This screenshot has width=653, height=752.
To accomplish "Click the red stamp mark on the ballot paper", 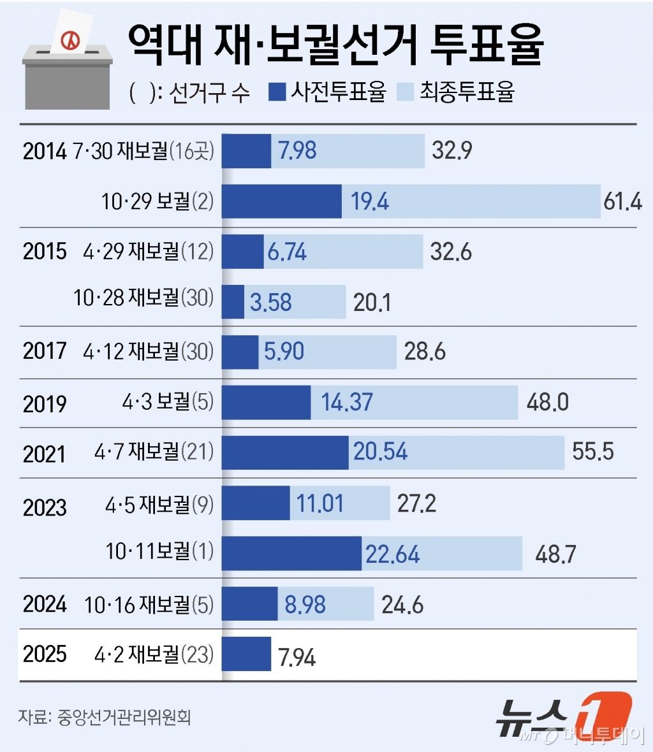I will (x=70, y=41).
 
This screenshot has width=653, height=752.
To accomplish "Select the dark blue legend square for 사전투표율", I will (x=277, y=92).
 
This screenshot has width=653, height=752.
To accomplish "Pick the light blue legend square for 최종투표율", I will (x=406, y=92).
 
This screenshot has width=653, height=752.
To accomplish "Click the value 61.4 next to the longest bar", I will (x=622, y=201).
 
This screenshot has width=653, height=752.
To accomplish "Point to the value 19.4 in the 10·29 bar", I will (x=369, y=201).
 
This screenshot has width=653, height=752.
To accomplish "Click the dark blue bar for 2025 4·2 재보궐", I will (x=246, y=654).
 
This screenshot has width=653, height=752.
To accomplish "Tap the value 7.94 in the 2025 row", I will (x=297, y=657).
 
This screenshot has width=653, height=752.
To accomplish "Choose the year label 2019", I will (x=45, y=403).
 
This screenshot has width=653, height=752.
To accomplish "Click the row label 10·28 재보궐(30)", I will (x=143, y=298).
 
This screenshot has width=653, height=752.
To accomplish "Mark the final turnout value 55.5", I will (x=592, y=451).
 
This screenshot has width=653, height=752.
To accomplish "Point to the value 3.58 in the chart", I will (x=270, y=302).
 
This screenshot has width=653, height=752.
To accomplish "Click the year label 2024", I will (x=45, y=604).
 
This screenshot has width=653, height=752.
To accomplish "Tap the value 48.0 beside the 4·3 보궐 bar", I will (x=547, y=402).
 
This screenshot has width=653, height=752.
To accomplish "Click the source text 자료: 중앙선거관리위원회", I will (x=105, y=717).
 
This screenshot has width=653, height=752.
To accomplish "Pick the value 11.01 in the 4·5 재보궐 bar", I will (x=319, y=503).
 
